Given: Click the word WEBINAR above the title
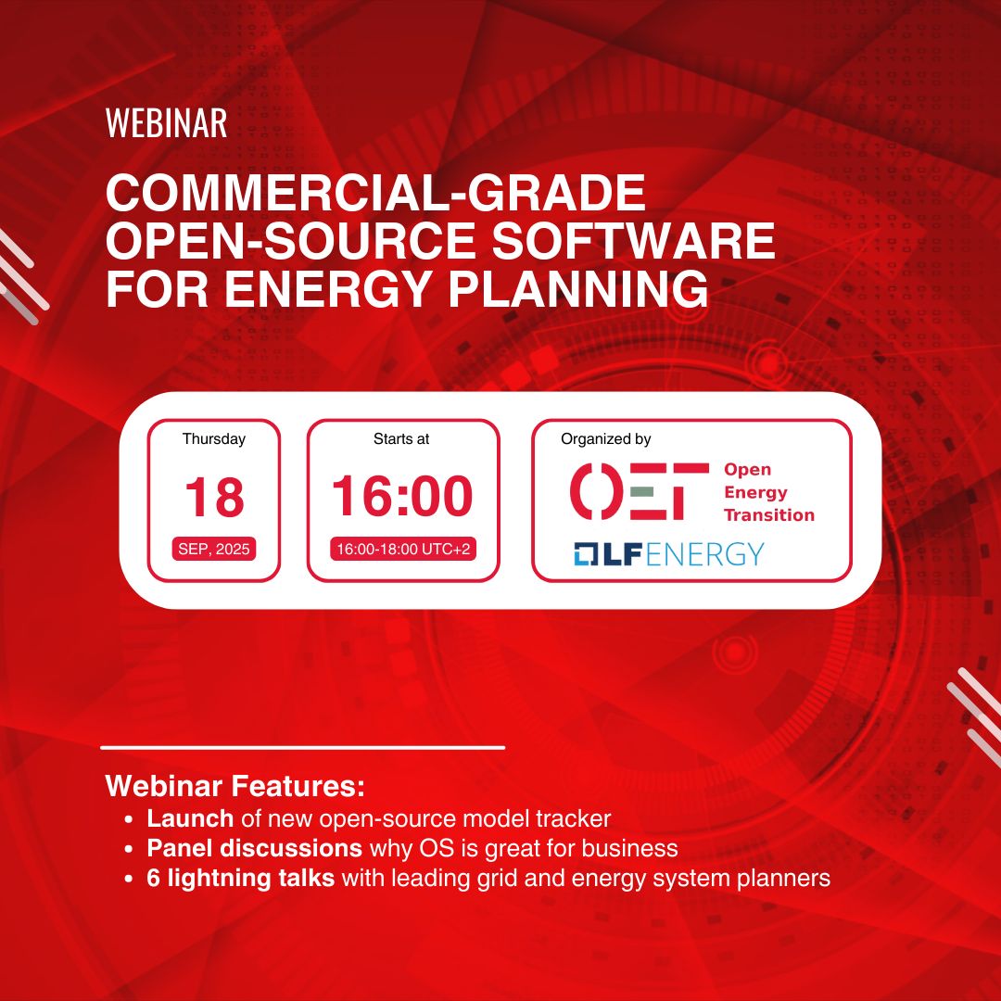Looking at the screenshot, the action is [x=166, y=122].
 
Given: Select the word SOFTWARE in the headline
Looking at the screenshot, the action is [x=633, y=240].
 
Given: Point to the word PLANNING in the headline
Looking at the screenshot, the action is [x=578, y=288].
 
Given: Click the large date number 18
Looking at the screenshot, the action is [x=214, y=497].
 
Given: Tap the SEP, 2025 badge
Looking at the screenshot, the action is [x=214, y=549].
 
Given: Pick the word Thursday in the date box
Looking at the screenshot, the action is [x=214, y=438].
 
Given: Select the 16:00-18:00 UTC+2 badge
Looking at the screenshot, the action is [x=403, y=549].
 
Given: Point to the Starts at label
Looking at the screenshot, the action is [x=401, y=438].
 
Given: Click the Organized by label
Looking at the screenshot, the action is [x=606, y=439].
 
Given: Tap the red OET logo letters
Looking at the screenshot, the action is [x=640, y=491].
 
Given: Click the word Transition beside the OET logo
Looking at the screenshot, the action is [x=769, y=514].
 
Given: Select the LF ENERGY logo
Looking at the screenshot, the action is [x=668, y=553].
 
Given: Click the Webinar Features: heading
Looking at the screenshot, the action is [x=234, y=785].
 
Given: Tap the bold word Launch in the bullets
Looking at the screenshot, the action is [x=190, y=818].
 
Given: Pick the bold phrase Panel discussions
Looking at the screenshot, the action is [x=255, y=848].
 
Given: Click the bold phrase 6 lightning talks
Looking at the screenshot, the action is [x=241, y=879].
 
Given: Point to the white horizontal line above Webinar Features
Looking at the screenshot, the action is [x=302, y=747].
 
